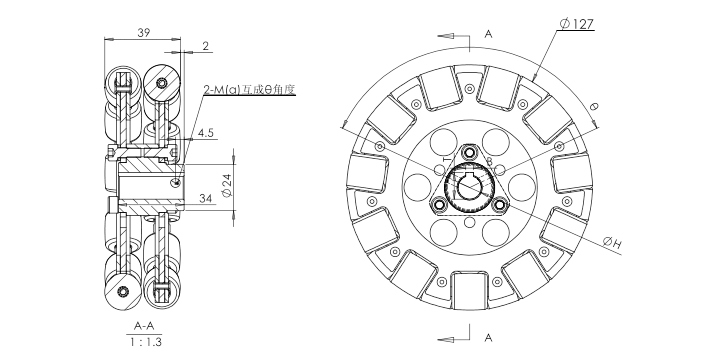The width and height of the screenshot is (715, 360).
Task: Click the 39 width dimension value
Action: pyautogui.click(x=144, y=32)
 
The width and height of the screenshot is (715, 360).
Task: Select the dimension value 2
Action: pyautogui.click(x=206, y=46)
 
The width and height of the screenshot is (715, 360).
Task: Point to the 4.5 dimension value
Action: pyautogui.click(x=206, y=133)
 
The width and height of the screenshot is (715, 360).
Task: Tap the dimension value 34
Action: pyautogui.click(x=206, y=198)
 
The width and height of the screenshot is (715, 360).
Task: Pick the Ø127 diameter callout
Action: pyautogui.click(x=577, y=24)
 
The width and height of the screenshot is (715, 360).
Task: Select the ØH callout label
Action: pyautogui.click(x=611, y=243)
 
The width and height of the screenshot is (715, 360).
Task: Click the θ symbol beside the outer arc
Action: pyautogui.click(x=593, y=107)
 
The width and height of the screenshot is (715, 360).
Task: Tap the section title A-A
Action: pyautogui.click(x=144, y=326)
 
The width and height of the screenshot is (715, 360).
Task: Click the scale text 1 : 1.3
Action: pyautogui.click(x=145, y=342)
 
